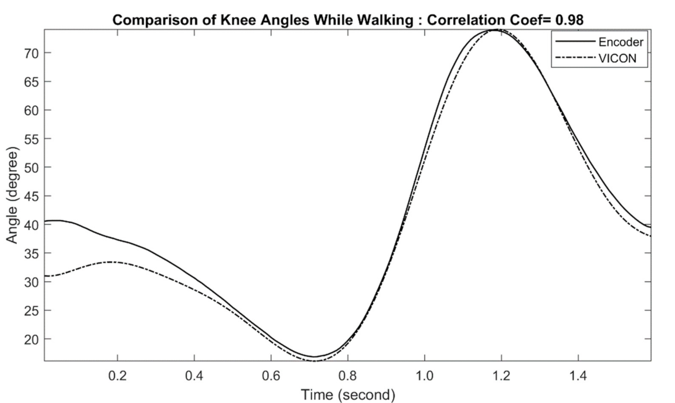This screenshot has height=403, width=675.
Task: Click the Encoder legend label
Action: [x=621, y=42]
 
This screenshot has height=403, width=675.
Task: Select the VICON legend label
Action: [x=617, y=58]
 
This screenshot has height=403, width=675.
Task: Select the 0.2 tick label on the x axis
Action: [x=118, y=376]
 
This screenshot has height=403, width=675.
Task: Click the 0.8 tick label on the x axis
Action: [x=348, y=376]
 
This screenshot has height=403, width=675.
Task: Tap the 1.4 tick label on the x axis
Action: [x=578, y=376]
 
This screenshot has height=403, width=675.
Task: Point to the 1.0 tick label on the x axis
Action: [x=425, y=376]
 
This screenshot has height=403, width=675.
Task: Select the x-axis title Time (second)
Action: [x=348, y=395]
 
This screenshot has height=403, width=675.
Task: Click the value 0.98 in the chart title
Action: [x=569, y=20]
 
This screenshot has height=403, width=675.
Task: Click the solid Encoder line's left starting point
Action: [x=45, y=221]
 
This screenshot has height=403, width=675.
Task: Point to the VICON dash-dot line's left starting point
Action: [x=45, y=276]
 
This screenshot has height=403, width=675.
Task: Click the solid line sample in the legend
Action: [x=575, y=41]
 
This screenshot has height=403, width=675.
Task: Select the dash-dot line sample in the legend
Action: [x=575, y=58]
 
